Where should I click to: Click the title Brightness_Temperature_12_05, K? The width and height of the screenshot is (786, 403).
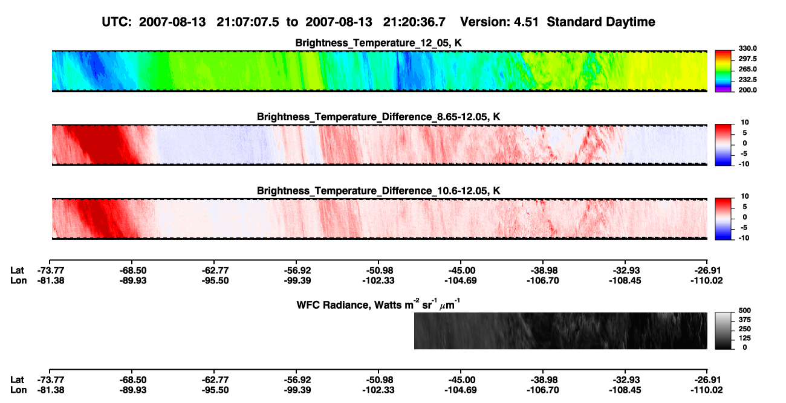coord(378,43)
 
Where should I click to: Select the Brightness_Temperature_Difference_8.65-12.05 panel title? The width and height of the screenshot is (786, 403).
coord(378,117)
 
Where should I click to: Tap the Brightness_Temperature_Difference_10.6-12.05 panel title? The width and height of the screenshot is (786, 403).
coord(378,191)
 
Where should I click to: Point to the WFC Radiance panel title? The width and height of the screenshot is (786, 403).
coord(378,305)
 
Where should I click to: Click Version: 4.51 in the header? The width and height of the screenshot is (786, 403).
coord(499,22)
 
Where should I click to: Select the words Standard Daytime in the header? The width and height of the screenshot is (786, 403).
coord(601,22)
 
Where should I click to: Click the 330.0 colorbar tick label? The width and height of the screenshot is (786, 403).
coord(747,48)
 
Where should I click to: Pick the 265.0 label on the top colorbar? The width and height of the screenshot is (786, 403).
coord(747,69)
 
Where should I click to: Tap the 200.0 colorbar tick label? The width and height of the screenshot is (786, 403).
coord(747,90)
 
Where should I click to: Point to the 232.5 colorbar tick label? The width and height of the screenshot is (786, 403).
coord(747,80)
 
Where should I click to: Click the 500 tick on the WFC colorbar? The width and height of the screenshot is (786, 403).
coord(745,311)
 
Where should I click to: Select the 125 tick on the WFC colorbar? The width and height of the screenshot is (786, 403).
coord(745,338)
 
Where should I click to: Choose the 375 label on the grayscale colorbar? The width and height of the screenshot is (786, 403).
coord(745,320)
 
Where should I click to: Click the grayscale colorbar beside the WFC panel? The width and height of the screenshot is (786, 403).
coord(723,330)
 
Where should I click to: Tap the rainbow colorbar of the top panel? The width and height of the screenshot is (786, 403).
coord(723,71)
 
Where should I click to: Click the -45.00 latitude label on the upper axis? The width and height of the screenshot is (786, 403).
coord(461,271)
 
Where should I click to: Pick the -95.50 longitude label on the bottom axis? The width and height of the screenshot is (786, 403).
coord(215,390)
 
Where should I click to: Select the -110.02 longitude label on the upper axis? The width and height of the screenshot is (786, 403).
coord(707,280)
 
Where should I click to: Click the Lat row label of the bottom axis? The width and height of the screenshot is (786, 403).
coord(17,380)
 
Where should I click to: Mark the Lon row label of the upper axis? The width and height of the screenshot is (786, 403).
coord(18,280)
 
